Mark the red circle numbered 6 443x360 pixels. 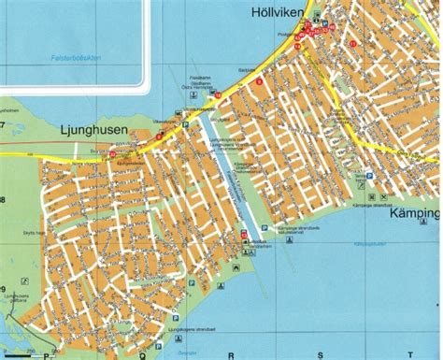click(x=258, y=81)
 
